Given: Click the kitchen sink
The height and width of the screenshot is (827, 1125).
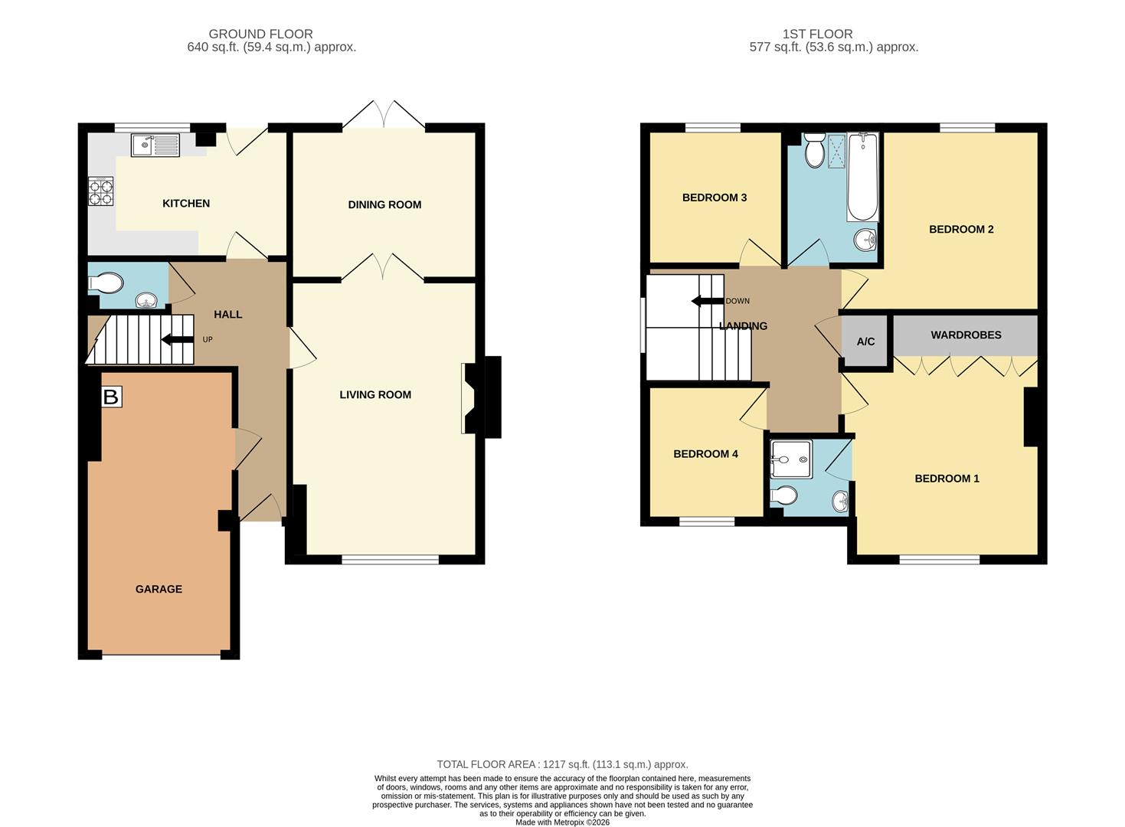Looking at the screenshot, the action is (155, 145).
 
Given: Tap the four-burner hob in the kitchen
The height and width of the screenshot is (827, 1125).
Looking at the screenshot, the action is (100, 191).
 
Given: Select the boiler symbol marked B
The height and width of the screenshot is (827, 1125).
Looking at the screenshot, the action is (111, 397).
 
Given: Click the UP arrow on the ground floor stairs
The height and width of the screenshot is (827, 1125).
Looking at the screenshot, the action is (177, 339).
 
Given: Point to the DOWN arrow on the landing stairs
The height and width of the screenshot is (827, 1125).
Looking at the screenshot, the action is (708, 301).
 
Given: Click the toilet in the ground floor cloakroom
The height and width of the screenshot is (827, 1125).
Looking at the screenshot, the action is (106, 283).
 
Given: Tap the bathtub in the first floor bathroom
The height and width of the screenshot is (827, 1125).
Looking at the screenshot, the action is (862, 177).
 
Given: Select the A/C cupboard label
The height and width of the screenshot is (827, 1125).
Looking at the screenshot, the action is (865, 342).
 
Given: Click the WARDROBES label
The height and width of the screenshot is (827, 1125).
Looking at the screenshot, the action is (966, 335).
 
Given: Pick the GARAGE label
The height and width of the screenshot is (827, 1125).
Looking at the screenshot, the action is (159, 589).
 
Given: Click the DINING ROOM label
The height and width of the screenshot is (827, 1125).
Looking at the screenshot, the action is (384, 204).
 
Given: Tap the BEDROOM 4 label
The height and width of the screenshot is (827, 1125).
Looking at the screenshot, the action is (705, 454).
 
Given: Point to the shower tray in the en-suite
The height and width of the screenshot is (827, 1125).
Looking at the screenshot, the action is (792, 459).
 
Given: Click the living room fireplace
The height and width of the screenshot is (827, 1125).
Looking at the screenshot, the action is (477, 397).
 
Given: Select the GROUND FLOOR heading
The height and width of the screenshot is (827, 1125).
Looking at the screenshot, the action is (260, 34).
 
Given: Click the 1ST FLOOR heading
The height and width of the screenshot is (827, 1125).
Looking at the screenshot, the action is (818, 34).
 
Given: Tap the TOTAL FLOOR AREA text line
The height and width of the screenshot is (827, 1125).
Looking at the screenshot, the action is (562, 764).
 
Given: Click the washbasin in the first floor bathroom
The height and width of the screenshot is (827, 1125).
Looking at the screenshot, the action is (865, 240).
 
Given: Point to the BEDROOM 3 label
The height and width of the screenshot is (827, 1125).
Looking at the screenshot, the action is (715, 198).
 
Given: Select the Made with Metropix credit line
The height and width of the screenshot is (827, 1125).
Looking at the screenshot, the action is (562, 822).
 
